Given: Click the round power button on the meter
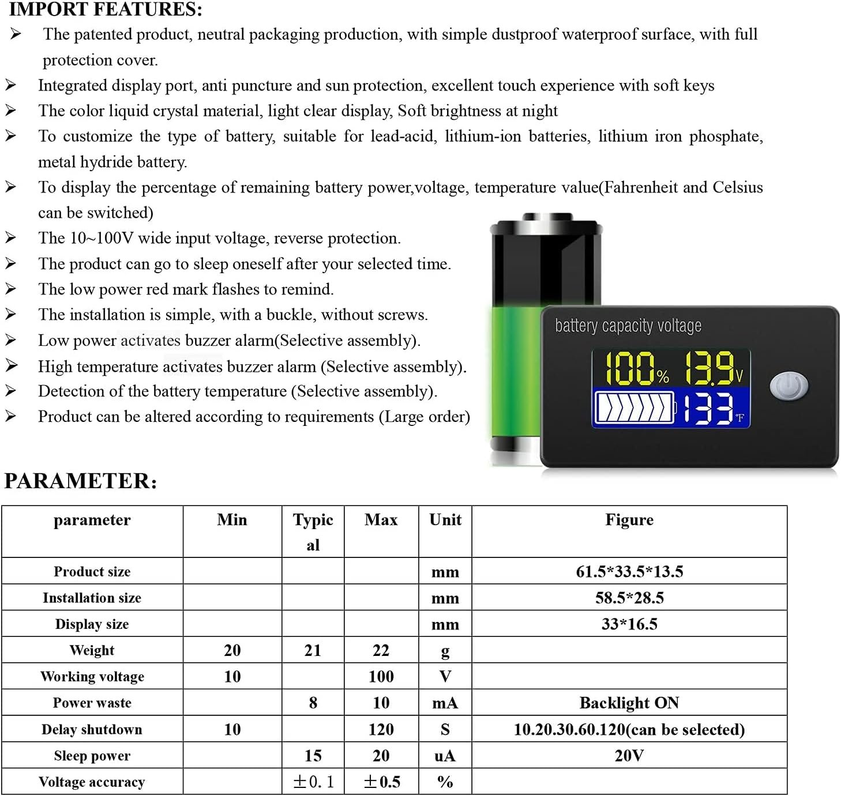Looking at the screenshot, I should (x=789, y=386).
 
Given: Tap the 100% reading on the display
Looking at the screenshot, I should (x=637, y=369).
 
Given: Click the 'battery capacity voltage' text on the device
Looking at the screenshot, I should (x=628, y=326).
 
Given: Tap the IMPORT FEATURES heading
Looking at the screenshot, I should (x=106, y=9).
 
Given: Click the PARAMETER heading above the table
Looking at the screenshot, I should (x=80, y=481).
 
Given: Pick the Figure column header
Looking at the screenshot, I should (x=629, y=520).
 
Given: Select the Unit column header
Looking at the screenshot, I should (x=445, y=520).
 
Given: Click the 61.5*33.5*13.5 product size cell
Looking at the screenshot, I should (x=629, y=572).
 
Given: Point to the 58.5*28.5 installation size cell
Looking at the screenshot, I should (x=629, y=598).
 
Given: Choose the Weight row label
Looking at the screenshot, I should (x=92, y=651).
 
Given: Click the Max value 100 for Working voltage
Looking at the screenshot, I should (x=381, y=677).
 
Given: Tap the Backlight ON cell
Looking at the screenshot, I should (x=629, y=703).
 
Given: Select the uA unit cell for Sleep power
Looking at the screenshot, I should (x=445, y=756).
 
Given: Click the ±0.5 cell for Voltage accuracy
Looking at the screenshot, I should (x=381, y=782).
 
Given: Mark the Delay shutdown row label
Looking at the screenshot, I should (x=92, y=730).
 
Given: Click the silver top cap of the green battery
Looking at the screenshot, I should (x=546, y=218).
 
